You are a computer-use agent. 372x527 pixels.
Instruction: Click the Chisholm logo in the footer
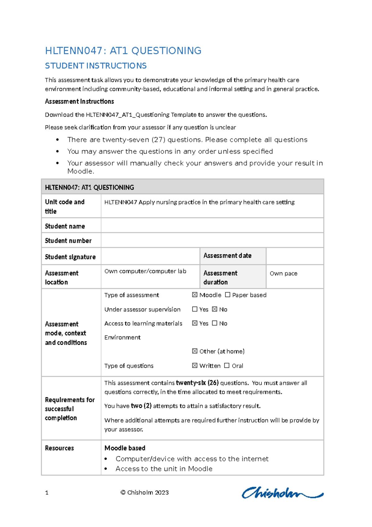(x=282, y=493)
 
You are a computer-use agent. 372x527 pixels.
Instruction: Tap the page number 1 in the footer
(x=47, y=493)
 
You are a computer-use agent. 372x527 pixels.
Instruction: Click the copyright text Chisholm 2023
(x=145, y=493)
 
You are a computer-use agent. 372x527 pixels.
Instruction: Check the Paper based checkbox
(x=228, y=295)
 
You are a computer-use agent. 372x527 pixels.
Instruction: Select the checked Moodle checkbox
(x=195, y=295)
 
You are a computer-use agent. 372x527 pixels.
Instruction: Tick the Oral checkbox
(x=227, y=366)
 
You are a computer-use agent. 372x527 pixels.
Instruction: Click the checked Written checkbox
(x=195, y=366)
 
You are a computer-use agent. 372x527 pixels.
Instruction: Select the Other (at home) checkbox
(x=195, y=351)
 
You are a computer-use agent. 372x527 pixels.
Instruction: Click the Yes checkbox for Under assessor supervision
(x=195, y=309)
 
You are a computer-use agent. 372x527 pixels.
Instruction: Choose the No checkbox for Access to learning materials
(x=215, y=323)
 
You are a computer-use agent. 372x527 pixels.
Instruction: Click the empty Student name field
(x=212, y=226)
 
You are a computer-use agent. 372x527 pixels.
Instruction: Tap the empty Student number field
(x=212, y=240)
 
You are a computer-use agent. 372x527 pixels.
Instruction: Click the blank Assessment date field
(x=294, y=256)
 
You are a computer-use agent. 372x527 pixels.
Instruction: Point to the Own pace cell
(x=283, y=273)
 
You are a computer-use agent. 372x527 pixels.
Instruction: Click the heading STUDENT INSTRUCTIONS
(x=96, y=66)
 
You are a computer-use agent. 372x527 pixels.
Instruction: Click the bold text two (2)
(x=141, y=406)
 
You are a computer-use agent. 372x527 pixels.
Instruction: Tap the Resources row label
(x=60, y=448)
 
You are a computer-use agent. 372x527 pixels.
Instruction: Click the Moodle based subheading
(x=125, y=448)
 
